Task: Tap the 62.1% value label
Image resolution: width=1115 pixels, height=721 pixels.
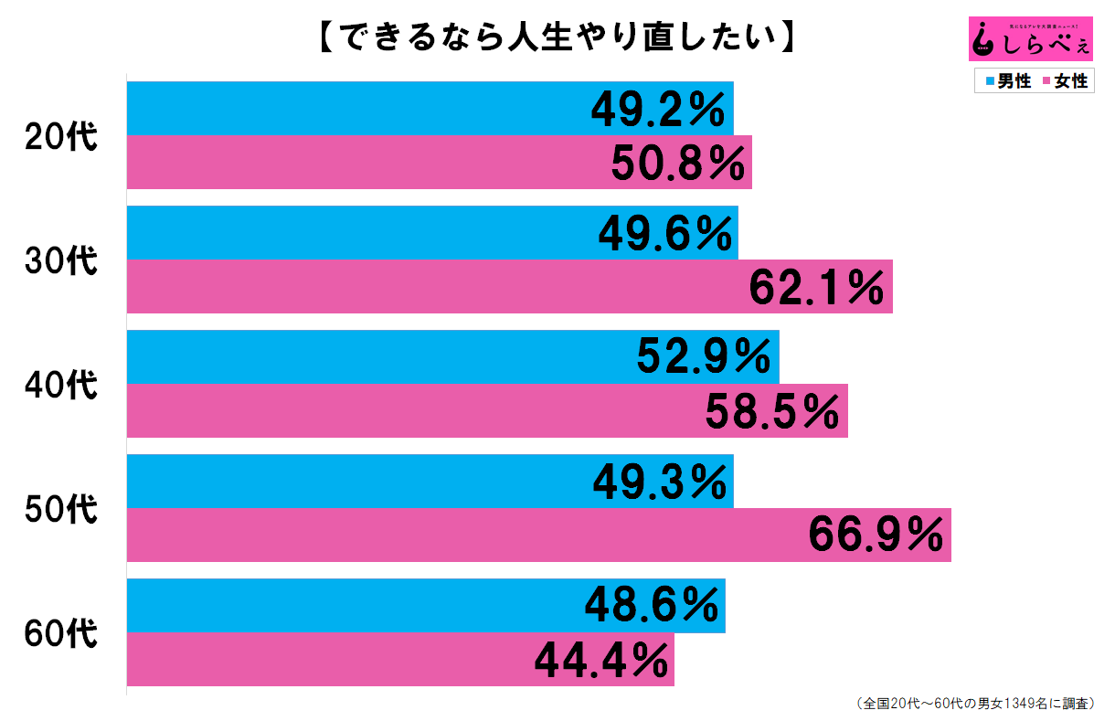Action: point(816,287)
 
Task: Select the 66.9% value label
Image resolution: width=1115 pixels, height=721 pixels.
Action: point(876,535)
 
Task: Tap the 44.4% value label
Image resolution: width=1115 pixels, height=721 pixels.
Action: point(600,660)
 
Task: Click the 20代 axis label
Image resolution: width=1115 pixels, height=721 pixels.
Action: point(60,137)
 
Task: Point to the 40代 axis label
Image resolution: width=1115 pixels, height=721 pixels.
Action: point(60,386)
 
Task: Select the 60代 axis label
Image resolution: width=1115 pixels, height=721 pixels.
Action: point(60,633)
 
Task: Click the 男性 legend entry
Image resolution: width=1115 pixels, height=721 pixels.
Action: point(1007,81)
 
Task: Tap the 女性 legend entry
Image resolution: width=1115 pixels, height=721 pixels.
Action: point(1065,81)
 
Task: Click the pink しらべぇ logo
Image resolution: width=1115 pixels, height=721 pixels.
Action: point(1030,37)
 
